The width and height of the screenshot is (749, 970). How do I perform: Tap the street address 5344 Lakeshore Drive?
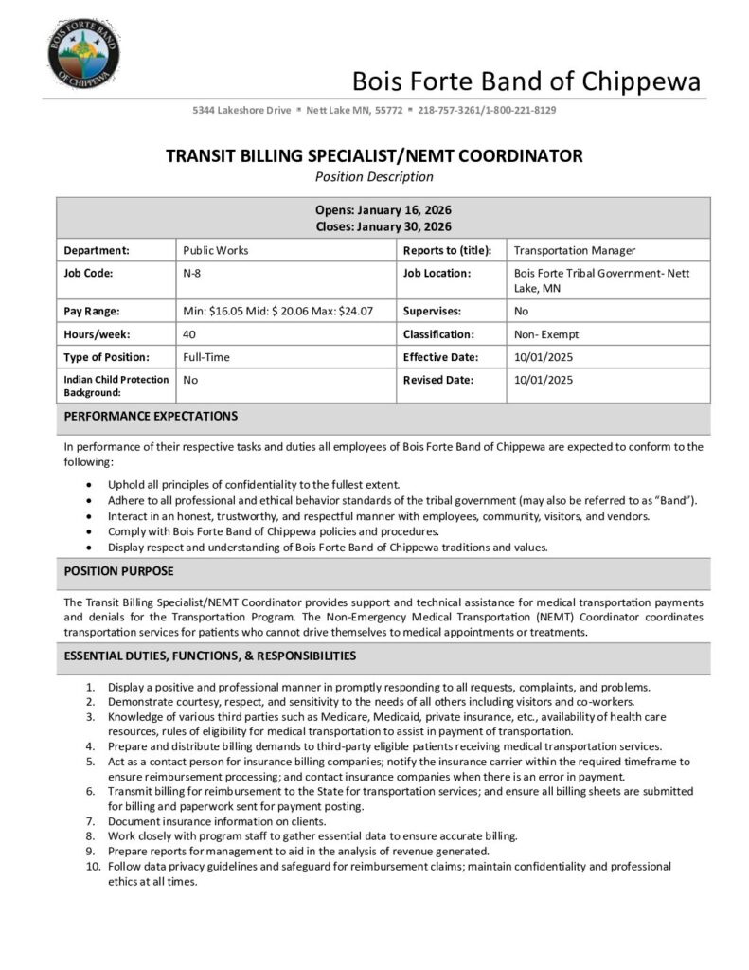click(241, 111)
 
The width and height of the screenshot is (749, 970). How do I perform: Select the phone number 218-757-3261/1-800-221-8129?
click(487, 111)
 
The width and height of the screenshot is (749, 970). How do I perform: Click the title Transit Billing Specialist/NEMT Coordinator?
click(374, 155)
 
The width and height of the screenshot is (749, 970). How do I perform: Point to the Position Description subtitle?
click(374, 176)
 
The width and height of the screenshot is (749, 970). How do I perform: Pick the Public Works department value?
click(215, 251)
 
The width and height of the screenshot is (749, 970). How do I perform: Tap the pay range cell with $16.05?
click(277, 311)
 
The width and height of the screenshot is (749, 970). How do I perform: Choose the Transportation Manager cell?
click(574, 251)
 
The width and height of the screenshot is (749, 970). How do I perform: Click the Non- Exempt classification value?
click(546, 334)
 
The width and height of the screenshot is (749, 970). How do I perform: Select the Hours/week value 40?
click(190, 334)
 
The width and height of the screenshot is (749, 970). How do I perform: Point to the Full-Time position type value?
click(206, 357)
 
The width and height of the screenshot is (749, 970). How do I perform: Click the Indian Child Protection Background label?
click(116, 386)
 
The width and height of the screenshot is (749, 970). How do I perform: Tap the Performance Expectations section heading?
click(151, 416)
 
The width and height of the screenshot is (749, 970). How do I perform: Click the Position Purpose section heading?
click(118, 571)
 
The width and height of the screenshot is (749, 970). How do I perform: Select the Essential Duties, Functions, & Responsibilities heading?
click(210, 656)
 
